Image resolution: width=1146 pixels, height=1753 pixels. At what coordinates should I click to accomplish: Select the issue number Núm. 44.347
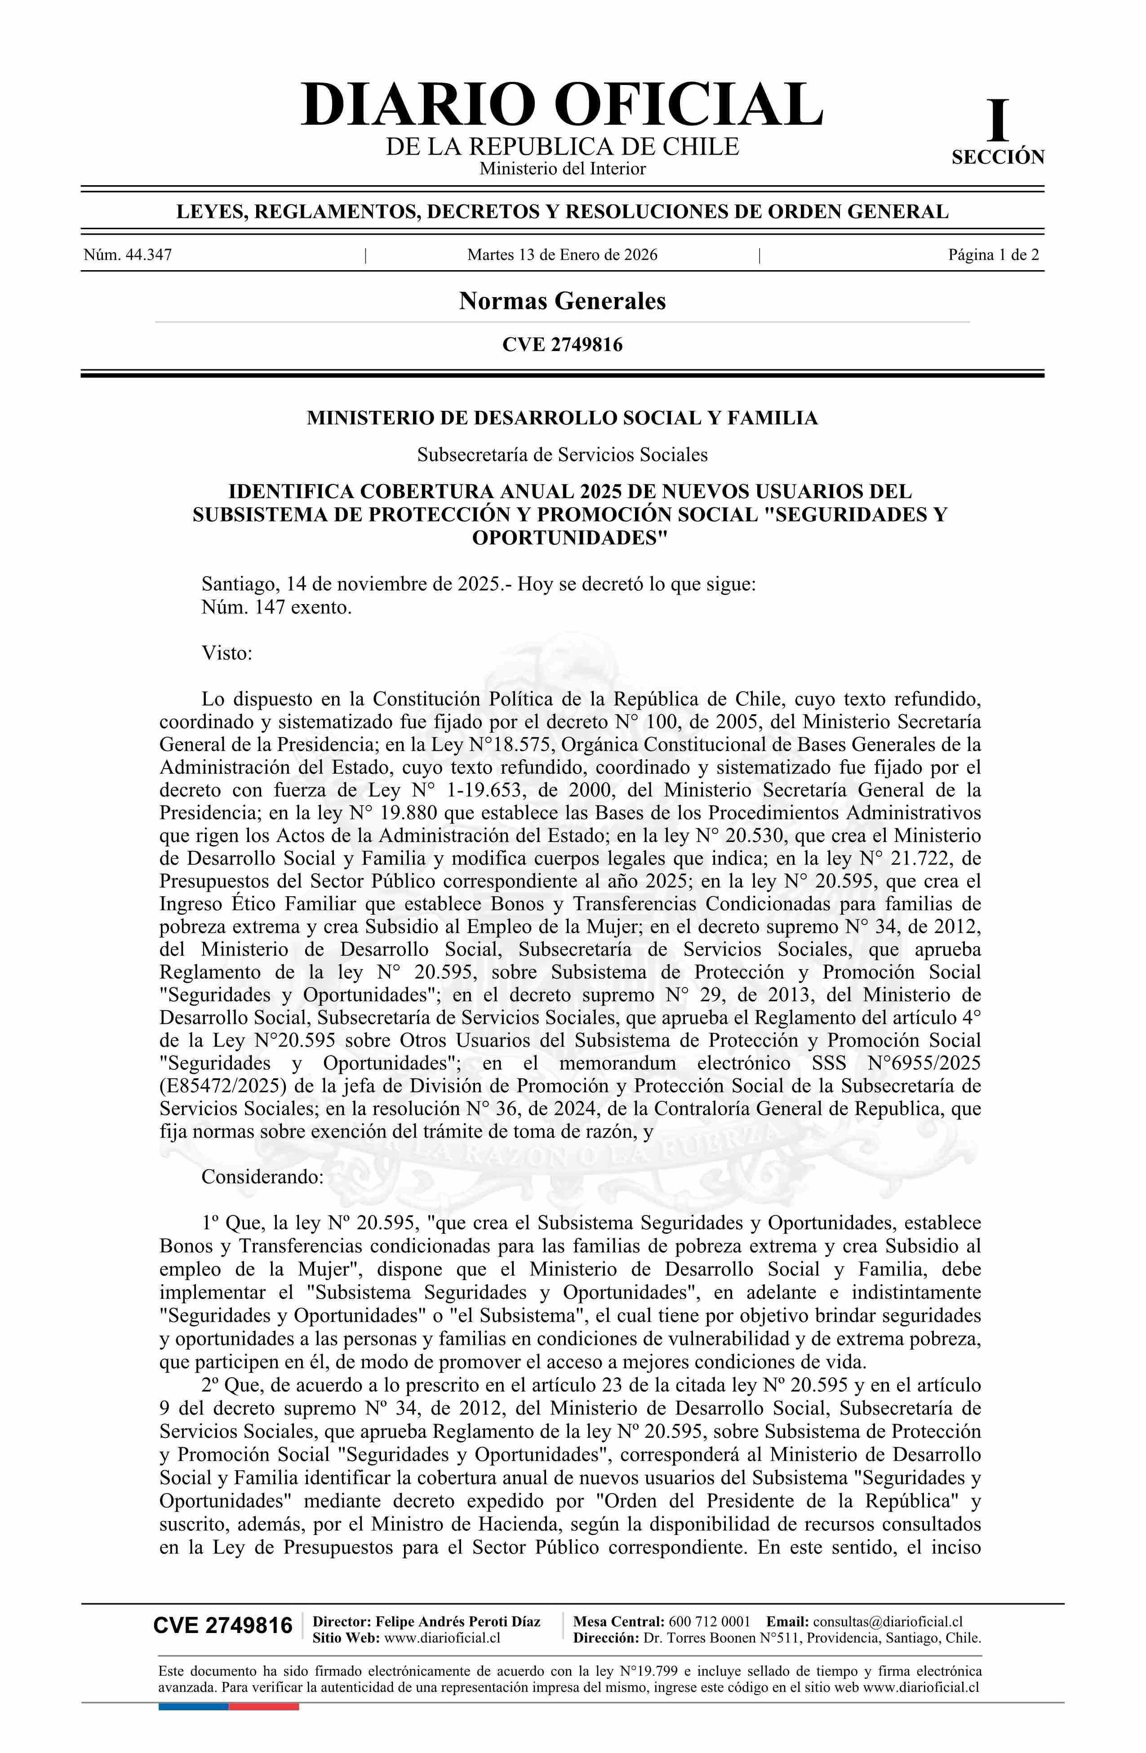click(x=128, y=256)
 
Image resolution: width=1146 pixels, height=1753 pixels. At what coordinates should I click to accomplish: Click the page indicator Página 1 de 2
click(x=994, y=256)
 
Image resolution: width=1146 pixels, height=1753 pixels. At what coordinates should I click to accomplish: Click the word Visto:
click(x=227, y=653)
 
